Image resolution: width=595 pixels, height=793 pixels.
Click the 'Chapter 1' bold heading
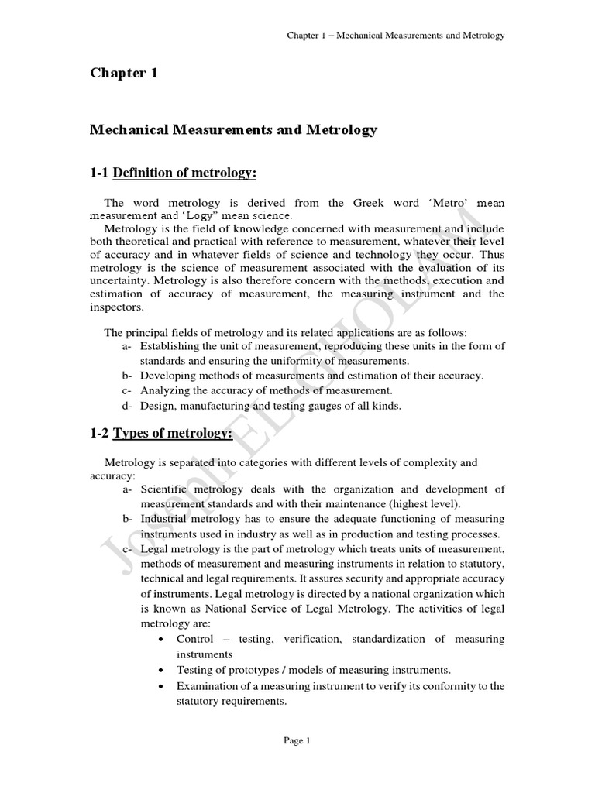point(124,74)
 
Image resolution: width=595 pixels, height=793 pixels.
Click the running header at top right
point(396,36)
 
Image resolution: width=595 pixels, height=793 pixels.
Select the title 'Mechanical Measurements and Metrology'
point(233,130)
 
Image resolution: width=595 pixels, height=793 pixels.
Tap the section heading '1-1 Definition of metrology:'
point(173,173)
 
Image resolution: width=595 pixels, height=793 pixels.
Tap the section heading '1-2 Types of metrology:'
point(161,434)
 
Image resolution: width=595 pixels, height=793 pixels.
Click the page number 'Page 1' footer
point(297,740)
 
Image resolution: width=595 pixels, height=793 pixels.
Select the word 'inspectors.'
point(116,307)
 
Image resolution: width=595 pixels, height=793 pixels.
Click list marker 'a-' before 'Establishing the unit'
point(127,346)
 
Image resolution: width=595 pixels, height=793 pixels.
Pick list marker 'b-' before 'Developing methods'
point(127,376)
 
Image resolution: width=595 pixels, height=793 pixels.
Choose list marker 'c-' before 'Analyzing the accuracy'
point(127,390)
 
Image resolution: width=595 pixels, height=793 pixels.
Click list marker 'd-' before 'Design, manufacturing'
point(127,405)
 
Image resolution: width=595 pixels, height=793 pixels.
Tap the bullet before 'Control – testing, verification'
point(159,640)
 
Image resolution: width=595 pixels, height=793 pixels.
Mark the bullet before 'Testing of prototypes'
point(159,670)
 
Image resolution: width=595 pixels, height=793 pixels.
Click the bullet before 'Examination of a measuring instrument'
point(159,686)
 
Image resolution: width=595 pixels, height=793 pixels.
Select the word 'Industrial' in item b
point(165,519)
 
